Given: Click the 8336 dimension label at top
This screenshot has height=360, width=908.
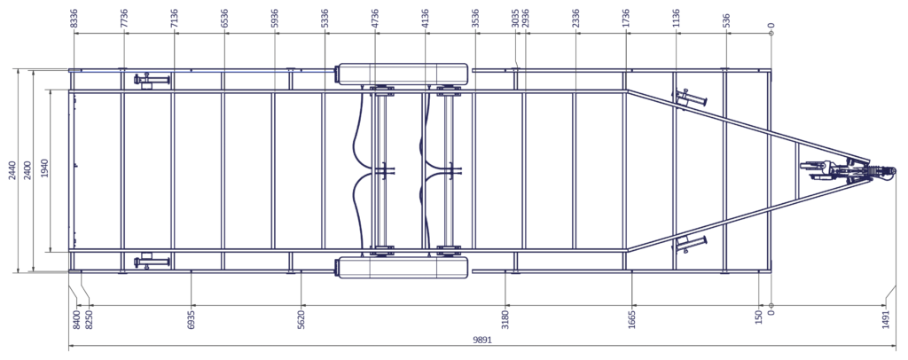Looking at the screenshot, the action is pyautogui.click(x=74, y=18).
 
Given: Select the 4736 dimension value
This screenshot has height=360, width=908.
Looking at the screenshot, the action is pyautogui.click(x=375, y=18).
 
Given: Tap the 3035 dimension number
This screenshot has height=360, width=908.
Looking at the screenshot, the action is pyautogui.click(x=515, y=18).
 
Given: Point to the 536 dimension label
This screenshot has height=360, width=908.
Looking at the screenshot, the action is pyautogui.click(x=726, y=20).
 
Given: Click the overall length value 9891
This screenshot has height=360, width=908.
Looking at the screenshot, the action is pyautogui.click(x=482, y=340).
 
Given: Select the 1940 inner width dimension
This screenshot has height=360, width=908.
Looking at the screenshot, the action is pyautogui.click(x=45, y=171).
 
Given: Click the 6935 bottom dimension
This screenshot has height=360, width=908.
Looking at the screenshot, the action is pyautogui.click(x=192, y=320).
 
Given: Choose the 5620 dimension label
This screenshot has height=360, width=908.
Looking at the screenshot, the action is pyautogui.click(x=301, y=320).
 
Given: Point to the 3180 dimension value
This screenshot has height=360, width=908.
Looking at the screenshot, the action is pyautogui.click(x=505, y=320).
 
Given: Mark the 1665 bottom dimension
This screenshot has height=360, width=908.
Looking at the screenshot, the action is pyautogui.click(x=631, y=320).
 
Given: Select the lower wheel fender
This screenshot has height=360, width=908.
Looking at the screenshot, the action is pyautogui.click(x=403, y=268).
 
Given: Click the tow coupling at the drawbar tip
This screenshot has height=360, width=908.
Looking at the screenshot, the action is pyautogui.click(x=885, y=171).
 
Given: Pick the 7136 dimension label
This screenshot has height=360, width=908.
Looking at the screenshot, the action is pyautogui.click(x=174, y=18).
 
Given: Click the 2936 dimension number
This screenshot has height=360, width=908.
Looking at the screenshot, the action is pyautogui.click(x=525, y=18).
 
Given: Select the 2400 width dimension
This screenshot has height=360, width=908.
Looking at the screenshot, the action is pyautogui.click(x=26, y=171).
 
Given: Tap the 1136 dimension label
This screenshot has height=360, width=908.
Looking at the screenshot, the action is pyautogui.click(x=676, y=18).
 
